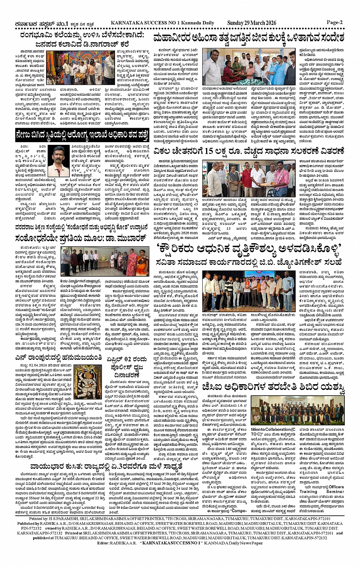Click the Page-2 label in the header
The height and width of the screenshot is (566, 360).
click(334, 22)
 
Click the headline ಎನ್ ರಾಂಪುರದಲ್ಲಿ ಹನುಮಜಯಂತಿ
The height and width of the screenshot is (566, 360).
click(59, 358)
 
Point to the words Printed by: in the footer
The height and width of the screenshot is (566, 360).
click(38, 519)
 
